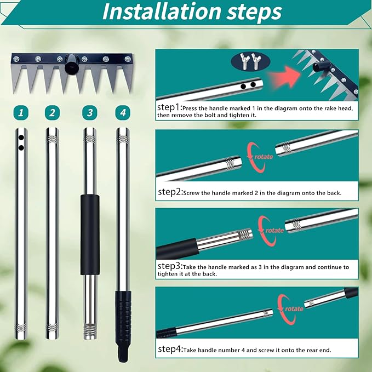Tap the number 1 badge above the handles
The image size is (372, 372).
(21, 112)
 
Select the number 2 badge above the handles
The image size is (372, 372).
(52, 112)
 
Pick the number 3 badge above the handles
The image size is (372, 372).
(90, 112)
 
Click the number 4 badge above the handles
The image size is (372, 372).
(123, 112)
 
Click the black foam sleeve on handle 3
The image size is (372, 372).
(90, 234)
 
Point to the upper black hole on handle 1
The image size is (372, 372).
(21, 138)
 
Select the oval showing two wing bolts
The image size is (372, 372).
(250, 62)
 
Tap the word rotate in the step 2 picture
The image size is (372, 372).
(264, 157)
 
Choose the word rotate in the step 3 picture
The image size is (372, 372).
(274, 230)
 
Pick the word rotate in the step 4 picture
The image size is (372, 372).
(294, 308)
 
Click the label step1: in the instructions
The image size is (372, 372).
(170, 107)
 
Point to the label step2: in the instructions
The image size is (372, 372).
(170, 192)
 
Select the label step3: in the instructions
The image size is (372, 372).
(170, 266)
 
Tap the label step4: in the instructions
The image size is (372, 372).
(170, 349)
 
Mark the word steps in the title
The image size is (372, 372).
(254, 12)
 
